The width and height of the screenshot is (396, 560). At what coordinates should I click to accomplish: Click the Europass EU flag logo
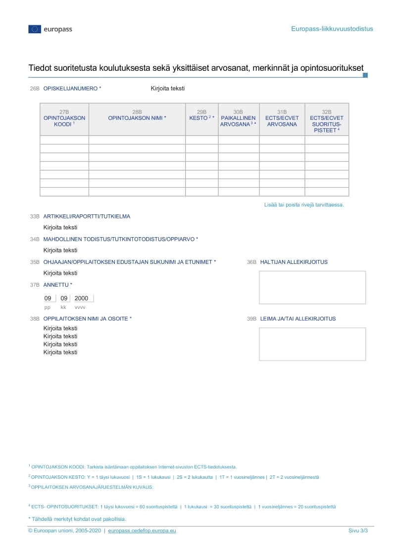coord(35,29)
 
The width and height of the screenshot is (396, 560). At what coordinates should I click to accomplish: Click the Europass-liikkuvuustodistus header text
coord(332,29)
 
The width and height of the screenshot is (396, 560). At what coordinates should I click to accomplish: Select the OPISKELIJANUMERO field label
coord(72,89)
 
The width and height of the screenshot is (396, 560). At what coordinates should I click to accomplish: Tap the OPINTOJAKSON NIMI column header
coord(137,118)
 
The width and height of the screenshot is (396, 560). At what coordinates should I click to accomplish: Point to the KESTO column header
coord(201,118)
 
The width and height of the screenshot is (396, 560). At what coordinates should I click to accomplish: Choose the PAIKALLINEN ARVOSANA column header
coord(238,121)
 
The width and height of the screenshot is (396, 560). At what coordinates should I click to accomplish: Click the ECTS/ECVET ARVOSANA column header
coord(282,121)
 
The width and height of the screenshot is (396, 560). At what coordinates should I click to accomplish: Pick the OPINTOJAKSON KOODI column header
coord(64,121)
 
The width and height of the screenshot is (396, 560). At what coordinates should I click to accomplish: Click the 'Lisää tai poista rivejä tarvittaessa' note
coord(303,204)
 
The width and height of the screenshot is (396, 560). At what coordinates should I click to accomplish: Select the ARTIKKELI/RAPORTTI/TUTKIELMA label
coord(87,216)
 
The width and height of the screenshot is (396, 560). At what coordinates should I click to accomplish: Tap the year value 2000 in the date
coord(81,299)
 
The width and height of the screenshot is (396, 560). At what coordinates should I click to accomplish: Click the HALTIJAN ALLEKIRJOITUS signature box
coord(312,288)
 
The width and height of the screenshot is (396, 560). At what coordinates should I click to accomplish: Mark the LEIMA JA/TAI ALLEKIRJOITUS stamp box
coord(312,344)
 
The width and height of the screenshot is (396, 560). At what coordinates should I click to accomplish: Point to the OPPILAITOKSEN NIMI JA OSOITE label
coord(88,319)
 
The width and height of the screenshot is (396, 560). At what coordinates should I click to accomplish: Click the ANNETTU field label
coord(57,285)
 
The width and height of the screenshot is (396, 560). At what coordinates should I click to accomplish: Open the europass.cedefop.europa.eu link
coord(142,531)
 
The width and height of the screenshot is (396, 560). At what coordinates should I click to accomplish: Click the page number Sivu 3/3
coord(358,531)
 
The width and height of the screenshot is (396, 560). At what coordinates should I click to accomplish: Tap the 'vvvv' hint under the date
coord(80,307)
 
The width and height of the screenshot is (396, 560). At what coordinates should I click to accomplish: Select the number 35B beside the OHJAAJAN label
coord(35,262)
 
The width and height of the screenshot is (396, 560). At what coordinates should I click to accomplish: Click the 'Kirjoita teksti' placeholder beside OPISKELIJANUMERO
coord(168,89)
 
